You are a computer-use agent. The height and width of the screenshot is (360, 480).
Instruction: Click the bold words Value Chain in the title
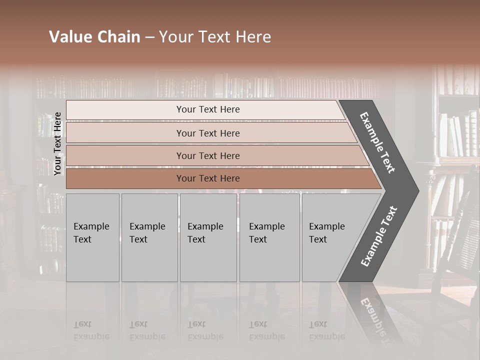tap(94, 37)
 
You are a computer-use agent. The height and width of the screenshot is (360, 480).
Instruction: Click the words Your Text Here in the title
tap(215, 37)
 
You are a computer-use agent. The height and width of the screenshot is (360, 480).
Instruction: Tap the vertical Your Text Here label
tap(58, 143)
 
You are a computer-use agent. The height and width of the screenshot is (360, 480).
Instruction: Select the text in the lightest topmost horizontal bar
tap(208, 109)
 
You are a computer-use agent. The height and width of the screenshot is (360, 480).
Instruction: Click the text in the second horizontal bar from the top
tap(208, 133)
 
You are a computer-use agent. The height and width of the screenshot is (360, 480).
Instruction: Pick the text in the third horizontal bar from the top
tap(208, 155)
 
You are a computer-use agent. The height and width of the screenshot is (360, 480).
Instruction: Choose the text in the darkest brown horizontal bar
tap(208, 178)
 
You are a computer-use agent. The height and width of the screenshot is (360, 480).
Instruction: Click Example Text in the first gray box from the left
tap(91, 233)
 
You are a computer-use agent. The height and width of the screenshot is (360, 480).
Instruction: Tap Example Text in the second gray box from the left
tap(147, 233)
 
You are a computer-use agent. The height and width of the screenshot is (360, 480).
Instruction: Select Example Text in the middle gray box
tap(205, 233)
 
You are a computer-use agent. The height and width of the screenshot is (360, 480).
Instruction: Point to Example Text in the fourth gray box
tap(266, 233)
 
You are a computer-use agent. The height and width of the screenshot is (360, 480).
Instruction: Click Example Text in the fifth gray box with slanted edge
tap(326, 233)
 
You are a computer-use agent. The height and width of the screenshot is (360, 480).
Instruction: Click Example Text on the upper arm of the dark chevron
tap(377, 142)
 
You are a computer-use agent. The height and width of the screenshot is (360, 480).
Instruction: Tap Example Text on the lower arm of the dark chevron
tap(379, 236)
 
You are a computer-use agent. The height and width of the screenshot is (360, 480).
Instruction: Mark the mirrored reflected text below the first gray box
tap(91, 330)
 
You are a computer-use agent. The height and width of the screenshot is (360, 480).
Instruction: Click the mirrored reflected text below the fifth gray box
tap(326, 330)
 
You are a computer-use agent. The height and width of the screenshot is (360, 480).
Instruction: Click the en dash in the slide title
tap(149, 37)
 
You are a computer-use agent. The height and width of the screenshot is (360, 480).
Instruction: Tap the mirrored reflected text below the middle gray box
tap(205, 330)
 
